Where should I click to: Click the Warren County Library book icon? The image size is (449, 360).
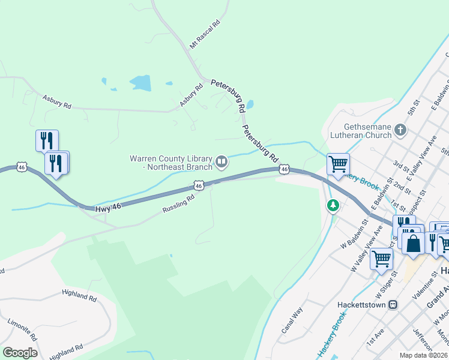coord(221,160)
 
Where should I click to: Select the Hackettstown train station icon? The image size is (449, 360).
coord(393,304)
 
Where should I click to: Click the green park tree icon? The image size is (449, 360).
coord(333,206)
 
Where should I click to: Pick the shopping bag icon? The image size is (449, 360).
coord(413,244)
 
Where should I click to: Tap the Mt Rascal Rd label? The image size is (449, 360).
coord(205,34)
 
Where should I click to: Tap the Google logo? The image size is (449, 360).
coord(20,353)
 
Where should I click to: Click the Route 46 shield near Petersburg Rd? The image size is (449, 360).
coord(285,170)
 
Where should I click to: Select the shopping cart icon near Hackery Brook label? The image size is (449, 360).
coord(339,163)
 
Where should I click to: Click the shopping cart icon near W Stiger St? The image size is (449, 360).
coord(381,259)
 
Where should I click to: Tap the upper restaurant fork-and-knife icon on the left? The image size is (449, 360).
coord(47,140)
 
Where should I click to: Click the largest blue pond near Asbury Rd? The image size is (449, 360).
coord(140,83)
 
